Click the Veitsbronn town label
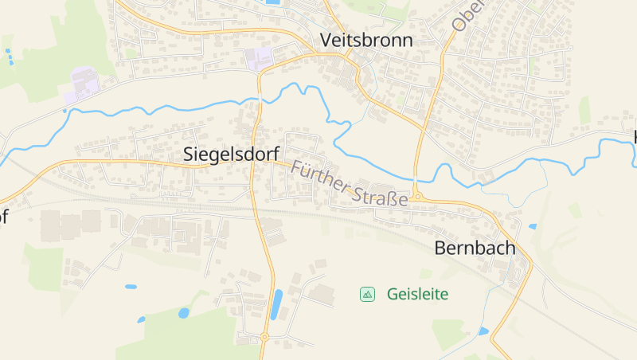point(366,41)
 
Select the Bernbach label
point(475,248)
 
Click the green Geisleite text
point(417,294)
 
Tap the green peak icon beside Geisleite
point(367,294)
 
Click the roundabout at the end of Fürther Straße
point(416,196)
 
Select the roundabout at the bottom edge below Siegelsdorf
point(264,337)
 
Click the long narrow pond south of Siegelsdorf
point(276,304)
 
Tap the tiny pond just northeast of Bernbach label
point(532,226)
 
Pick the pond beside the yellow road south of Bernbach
point(483,331)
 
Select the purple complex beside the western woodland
point(83,84)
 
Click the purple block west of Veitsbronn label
point(258,57)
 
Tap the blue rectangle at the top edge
point(272,2)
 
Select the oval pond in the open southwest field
point(131,286)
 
